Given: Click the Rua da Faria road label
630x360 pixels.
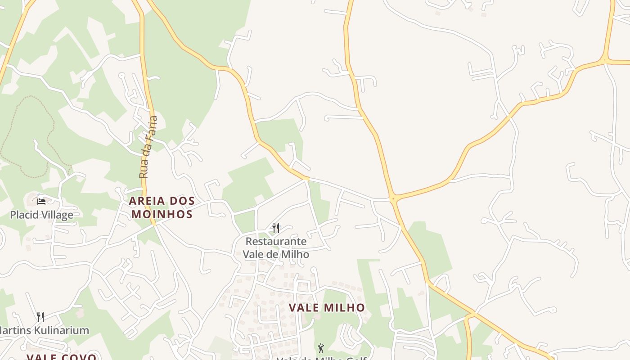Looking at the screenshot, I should coord(149,147).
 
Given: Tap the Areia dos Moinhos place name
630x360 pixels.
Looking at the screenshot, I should coord(162,207).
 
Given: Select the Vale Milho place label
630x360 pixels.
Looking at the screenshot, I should coord(327,308).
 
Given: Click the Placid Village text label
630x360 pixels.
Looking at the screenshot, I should coord(41,215).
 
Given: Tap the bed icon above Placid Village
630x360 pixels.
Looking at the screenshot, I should coord(41,202).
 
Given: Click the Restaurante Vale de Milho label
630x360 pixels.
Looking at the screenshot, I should coord(276,247).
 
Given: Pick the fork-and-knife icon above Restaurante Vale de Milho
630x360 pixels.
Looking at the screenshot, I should coord(276,228).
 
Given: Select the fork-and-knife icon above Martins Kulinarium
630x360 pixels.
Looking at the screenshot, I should coord(40,317).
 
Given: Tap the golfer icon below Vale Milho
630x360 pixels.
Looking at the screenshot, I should coord(321,348).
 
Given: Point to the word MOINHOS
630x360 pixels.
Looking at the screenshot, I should coord(162,214).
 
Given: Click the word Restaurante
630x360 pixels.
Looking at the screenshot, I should coord(276,242).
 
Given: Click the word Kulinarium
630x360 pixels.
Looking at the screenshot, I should coord(58,330).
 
